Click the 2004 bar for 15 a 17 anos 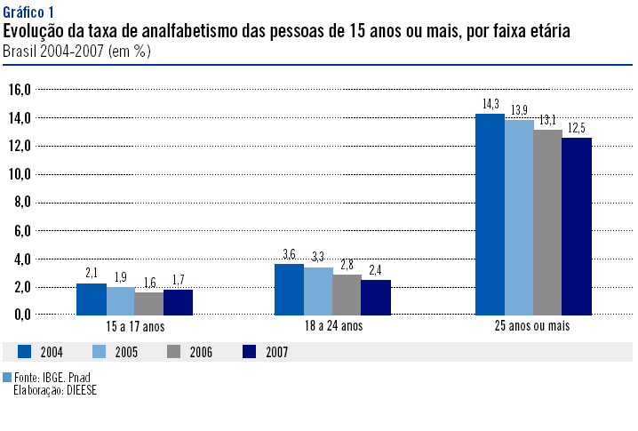point(92,299)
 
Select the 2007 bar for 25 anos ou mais point(577,227)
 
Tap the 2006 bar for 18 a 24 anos point(347,295)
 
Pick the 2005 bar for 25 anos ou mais point(519,217)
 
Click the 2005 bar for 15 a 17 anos point(121,301)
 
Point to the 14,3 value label point(490,105)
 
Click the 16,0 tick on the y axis point(20,90)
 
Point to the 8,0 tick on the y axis point(22,203)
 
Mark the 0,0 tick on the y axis point(22,315)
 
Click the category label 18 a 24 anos point(333,327)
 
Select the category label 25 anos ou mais point(532,327)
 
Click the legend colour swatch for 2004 point(25,352)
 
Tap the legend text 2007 point(276,353)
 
